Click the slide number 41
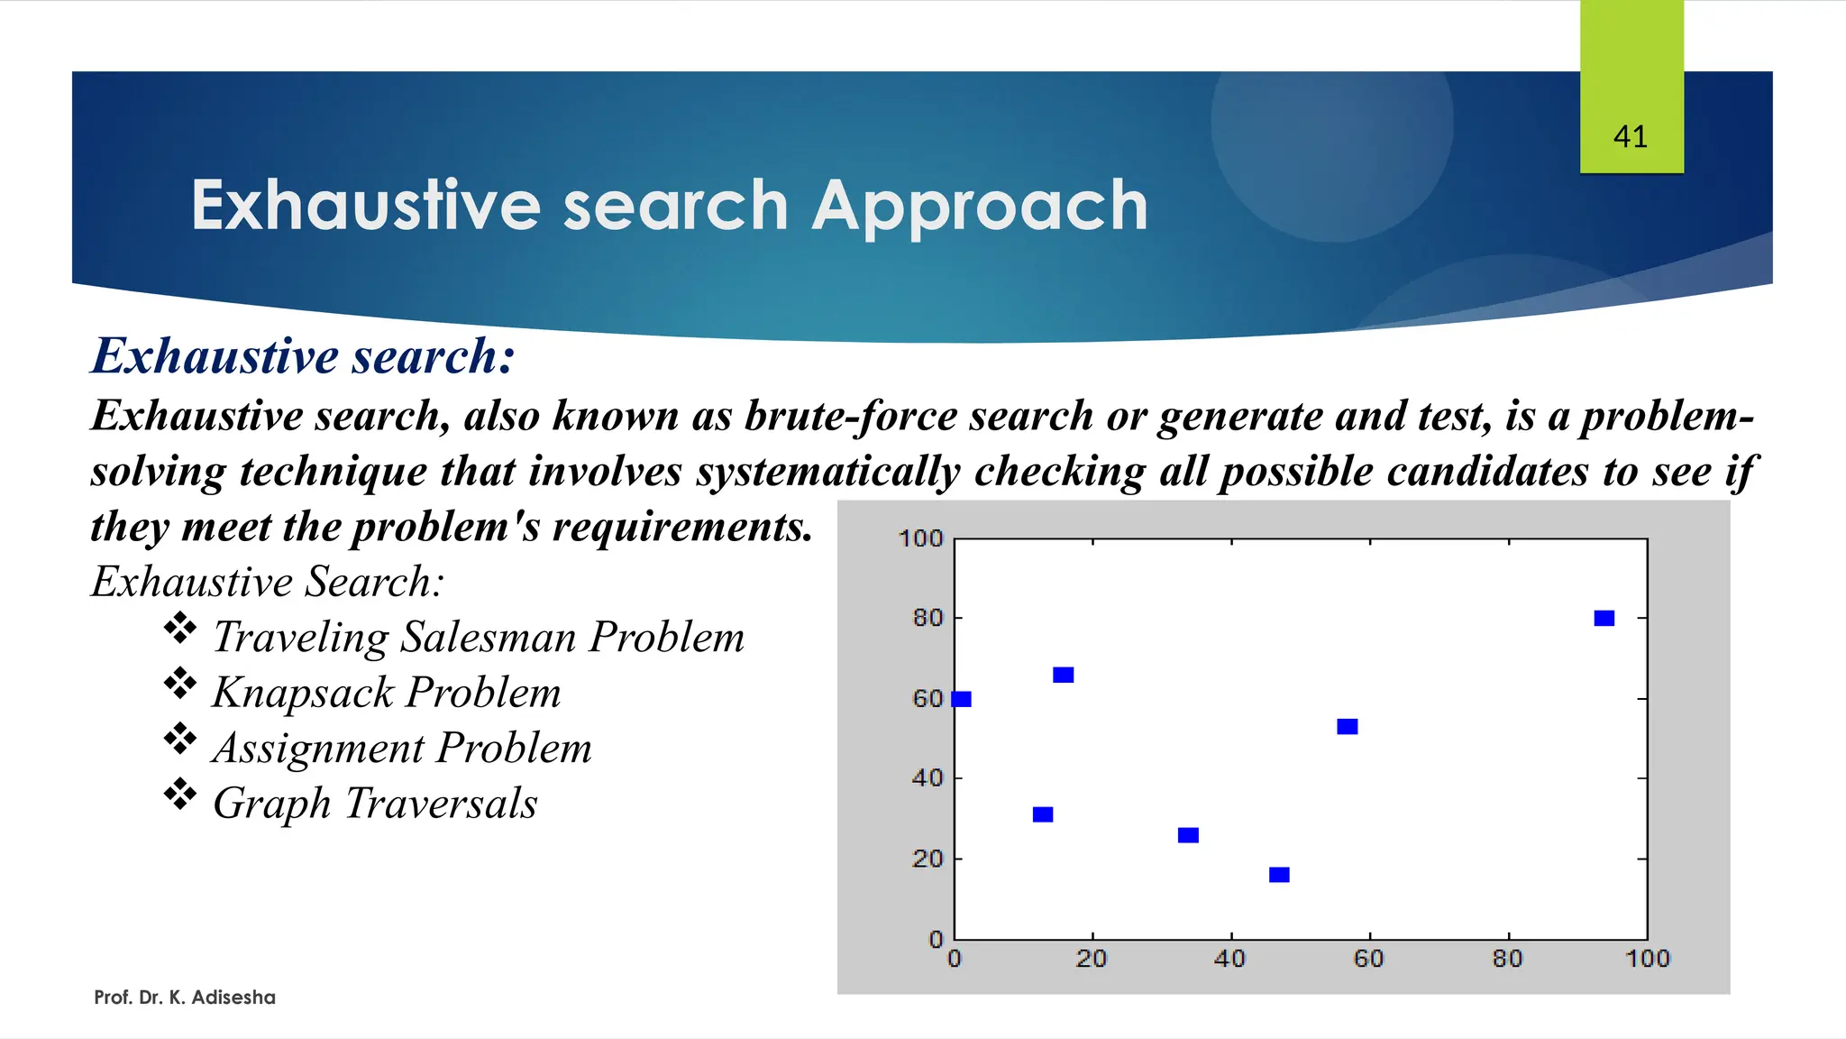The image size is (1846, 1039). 1630,137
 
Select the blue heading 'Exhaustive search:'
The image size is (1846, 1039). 303,355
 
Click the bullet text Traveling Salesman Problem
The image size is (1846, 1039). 479,637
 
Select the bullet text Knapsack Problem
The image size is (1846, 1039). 387,693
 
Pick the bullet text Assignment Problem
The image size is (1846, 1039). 402,749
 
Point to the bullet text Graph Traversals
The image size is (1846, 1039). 375,804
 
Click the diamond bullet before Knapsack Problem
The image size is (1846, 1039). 180,684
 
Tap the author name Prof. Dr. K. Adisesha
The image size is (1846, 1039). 185,998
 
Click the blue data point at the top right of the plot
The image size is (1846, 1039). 1604,618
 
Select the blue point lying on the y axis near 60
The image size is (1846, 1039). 961,699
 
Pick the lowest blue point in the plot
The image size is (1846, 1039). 1278,875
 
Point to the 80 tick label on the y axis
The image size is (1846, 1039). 928,618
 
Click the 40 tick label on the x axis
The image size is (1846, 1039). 1229,959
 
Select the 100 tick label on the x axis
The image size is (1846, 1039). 1647,959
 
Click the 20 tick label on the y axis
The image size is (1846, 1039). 928,859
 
